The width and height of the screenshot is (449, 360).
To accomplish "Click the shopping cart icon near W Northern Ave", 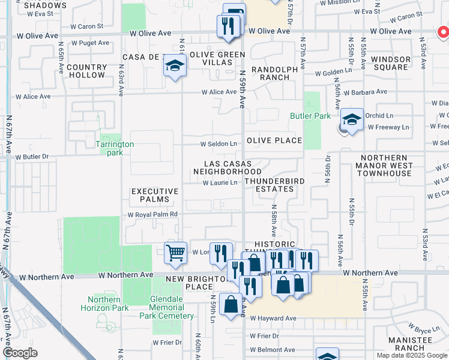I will [x=175, y=252].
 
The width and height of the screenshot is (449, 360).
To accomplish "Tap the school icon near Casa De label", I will [x=174, y=66].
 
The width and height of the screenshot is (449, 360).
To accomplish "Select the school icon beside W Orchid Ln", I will [x=352, y=119].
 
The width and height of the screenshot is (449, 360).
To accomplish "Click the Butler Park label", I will [x=310, y=116].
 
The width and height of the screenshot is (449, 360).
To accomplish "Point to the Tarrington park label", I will [x=115, y=148].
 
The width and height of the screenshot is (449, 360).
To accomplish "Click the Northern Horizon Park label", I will [x=108, y=304].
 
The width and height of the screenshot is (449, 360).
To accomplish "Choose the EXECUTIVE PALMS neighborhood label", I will [x=155, y=195].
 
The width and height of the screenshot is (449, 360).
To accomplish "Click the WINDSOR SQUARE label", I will [x=390, y=64].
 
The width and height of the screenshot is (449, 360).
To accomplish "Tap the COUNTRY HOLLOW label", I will [x=86, y=71].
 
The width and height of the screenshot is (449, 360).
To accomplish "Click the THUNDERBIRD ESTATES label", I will [x=274, y=185].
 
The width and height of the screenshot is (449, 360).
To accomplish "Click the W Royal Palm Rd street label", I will [x=152, y=214].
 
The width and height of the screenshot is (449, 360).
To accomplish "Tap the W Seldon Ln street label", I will [x=219, y=144].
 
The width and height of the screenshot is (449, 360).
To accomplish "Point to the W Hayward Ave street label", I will [x=274, y=319].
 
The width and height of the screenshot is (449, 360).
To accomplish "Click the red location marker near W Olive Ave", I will [x=442, y=31].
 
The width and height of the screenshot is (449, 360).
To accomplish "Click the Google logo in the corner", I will [x=20, y=353].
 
